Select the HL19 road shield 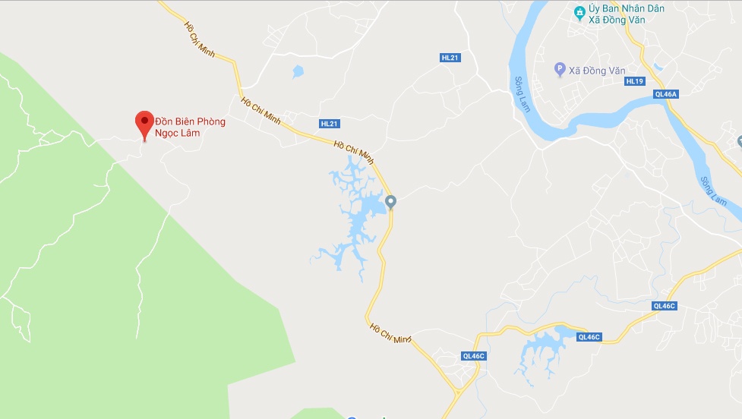pyautogui.click(x=635, y=81)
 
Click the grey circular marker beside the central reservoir pyautogui.click(x=391, y=201)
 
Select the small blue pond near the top pyautogui.click(x=297, y=72)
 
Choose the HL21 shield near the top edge pyautogui.click(x=450, y=58)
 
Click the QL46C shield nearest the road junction pyautogui.click(x=472, y=355)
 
